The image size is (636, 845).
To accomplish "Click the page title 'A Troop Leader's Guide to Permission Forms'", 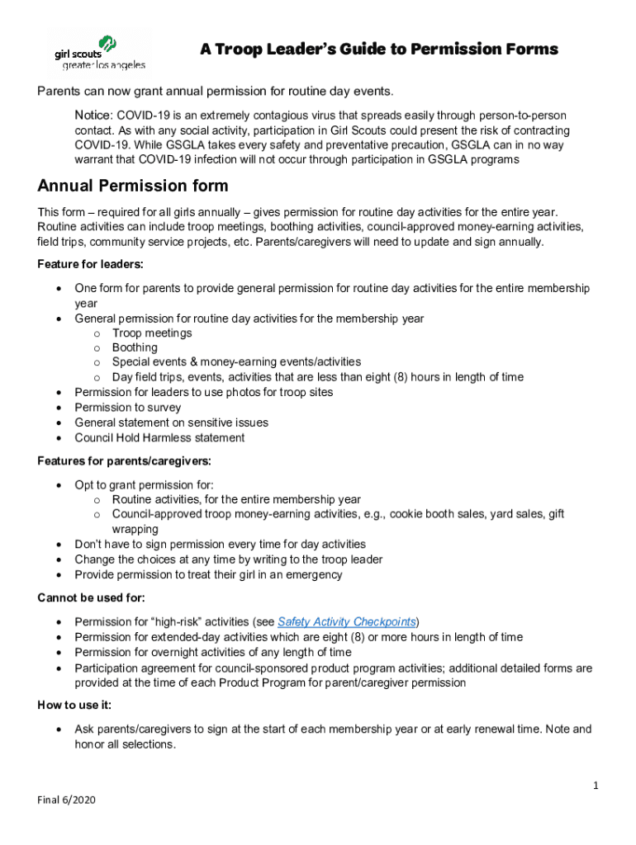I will coord(379,50).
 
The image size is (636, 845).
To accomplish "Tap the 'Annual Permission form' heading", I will coord(133,186).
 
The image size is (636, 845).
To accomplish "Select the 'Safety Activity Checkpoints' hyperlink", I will coord(347,622).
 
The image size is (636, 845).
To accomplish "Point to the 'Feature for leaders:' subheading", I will coord(90,264).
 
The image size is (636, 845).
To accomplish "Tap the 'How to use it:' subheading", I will coord(74,706).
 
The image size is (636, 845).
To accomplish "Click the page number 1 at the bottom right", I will coord(595,786).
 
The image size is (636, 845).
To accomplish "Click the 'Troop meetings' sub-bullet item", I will coord(152,333).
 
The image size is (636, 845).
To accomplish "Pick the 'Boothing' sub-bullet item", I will coord(135,347).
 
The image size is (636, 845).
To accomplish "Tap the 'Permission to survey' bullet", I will coord(127,408).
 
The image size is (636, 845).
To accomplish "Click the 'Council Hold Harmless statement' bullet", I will coord(159,437).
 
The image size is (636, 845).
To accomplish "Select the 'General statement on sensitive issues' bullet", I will coord(171,422).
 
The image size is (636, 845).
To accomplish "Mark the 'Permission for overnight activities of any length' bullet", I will coord(212,652).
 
